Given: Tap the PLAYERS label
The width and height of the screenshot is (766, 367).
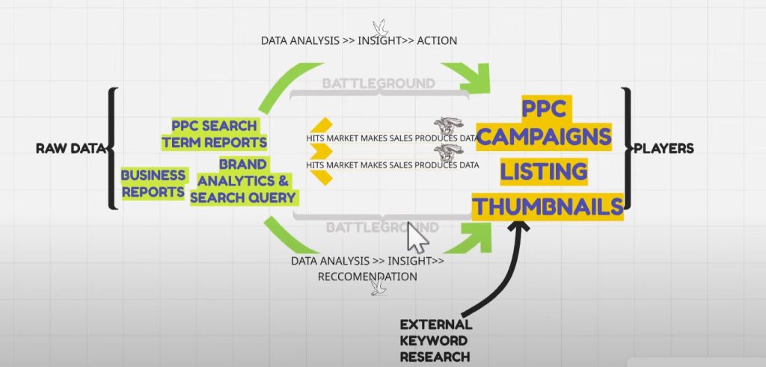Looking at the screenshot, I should (664, 148).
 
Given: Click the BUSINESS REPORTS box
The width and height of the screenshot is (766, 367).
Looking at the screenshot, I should (154, 182).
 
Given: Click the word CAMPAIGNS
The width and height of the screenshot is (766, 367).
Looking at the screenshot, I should (552, 138).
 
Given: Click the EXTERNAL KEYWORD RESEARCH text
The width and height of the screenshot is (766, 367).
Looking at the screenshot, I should (435, 340).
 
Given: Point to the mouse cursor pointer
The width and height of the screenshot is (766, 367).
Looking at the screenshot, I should (417, 237).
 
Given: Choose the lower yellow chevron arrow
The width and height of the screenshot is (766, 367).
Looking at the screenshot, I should (321, 171).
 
